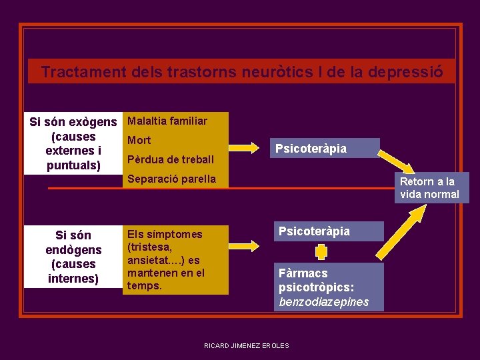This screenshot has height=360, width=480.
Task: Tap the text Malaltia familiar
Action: [x=167, y=121]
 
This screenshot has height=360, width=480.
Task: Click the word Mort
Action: [x=139, y=140]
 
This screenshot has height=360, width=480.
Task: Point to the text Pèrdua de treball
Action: [x=170, y=159]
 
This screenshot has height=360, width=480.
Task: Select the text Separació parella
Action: [x=171, y=179]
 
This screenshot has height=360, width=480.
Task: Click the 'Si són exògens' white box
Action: [x=73, y=143]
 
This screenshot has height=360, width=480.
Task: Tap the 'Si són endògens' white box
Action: [x=73, y=257]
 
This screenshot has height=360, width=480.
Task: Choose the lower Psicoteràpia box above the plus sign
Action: [x=329, y=231]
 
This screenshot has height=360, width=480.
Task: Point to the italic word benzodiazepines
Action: [x=323, y=302]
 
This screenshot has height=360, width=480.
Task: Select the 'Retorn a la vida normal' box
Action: [x=430, y=188]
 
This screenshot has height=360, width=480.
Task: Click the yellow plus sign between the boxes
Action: [x=321, y=252]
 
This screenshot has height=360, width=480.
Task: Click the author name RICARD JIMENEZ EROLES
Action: [x=247, y=345]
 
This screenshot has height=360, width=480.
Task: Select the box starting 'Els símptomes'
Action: [x=175, y=259]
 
